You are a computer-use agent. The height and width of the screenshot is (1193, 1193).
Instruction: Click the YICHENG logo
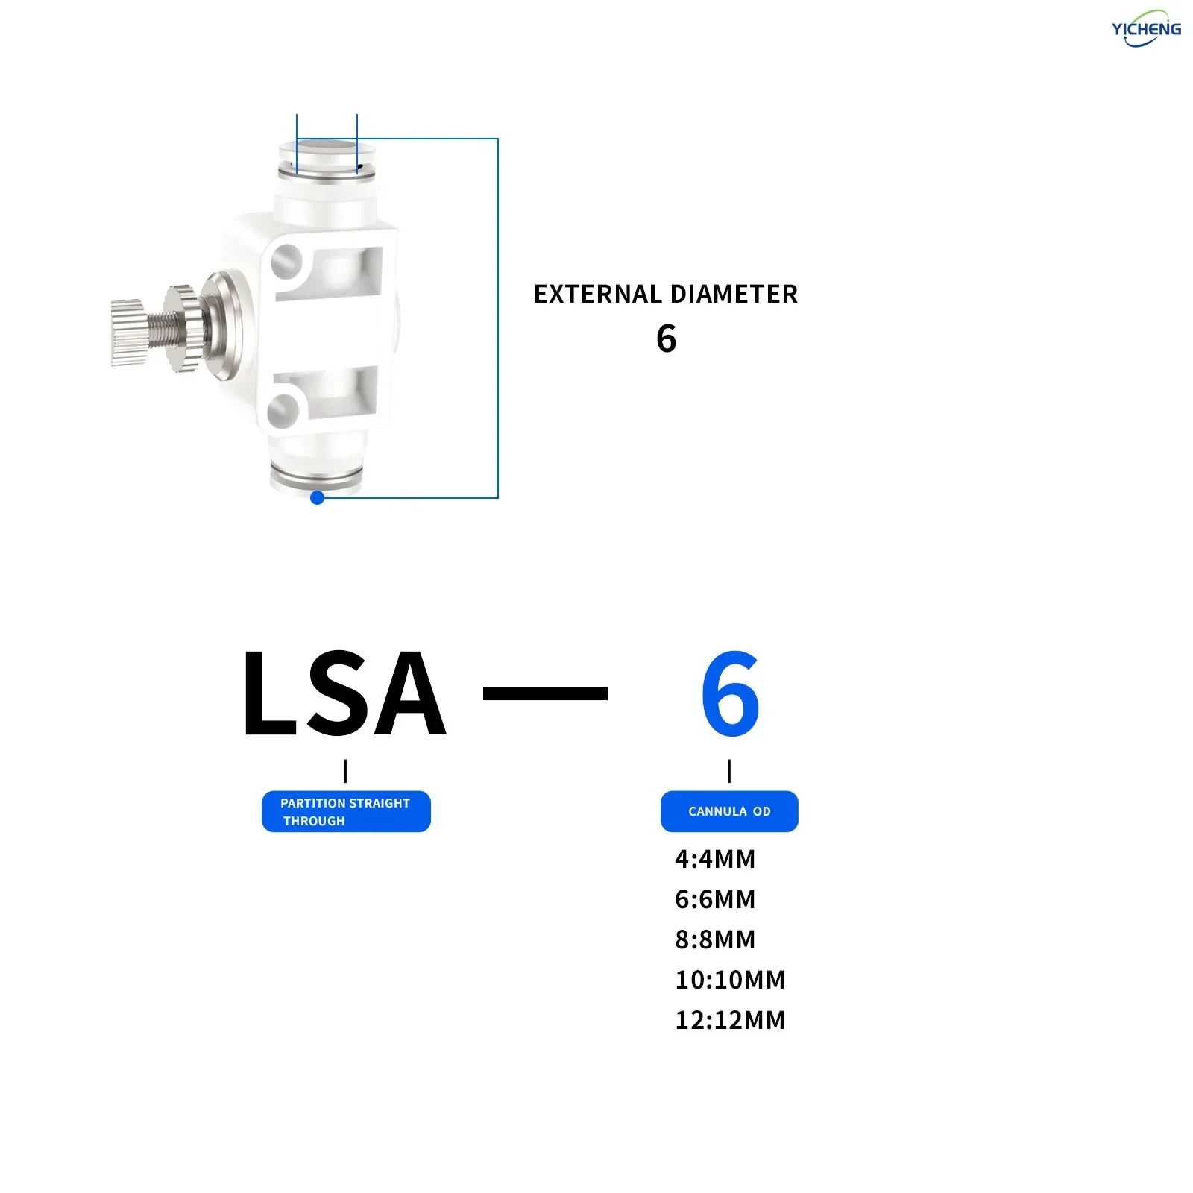click(x=1146, y=28)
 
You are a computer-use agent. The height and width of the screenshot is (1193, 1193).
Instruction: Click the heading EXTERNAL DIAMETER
click(x=666, y=294)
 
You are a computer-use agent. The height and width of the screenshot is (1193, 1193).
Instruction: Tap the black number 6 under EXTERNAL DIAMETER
click(x=667, y=339)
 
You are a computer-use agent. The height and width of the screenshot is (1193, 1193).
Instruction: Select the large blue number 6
click(x=730, y=693)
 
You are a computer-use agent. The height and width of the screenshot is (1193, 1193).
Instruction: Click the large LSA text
click(x=344, y=693)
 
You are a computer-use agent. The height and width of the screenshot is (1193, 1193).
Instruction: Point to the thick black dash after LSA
click(x=545, y=693)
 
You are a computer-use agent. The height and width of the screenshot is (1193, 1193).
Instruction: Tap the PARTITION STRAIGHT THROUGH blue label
click(x=346, y=811)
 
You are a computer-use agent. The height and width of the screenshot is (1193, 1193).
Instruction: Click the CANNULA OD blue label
click(x=729, y=811)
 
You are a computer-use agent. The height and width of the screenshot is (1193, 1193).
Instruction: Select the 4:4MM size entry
click(x=715, y=859)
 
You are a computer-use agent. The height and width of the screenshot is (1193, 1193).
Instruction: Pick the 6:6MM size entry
click(x=715, y=899)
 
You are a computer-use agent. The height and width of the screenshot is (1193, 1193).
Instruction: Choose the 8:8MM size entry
click(x=715, y=939)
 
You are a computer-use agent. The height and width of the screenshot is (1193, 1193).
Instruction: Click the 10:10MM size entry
click(x=730, y=980)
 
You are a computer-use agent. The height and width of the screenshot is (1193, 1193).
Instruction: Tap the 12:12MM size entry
click(x=730, y=1020)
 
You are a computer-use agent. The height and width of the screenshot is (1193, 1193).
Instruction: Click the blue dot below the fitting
click(x=317, y=497)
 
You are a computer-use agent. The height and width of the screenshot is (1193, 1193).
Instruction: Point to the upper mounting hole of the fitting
click(x=286, y=262)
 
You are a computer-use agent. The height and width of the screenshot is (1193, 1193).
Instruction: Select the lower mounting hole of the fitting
click(x=283, y=411)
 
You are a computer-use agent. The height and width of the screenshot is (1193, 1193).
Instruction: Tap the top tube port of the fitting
click(x=326, y=161)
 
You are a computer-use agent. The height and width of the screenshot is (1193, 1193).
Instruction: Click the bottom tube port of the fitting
click(x=316, y=473)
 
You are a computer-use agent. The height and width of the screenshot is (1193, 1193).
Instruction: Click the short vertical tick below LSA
click(x=346, y=771)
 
